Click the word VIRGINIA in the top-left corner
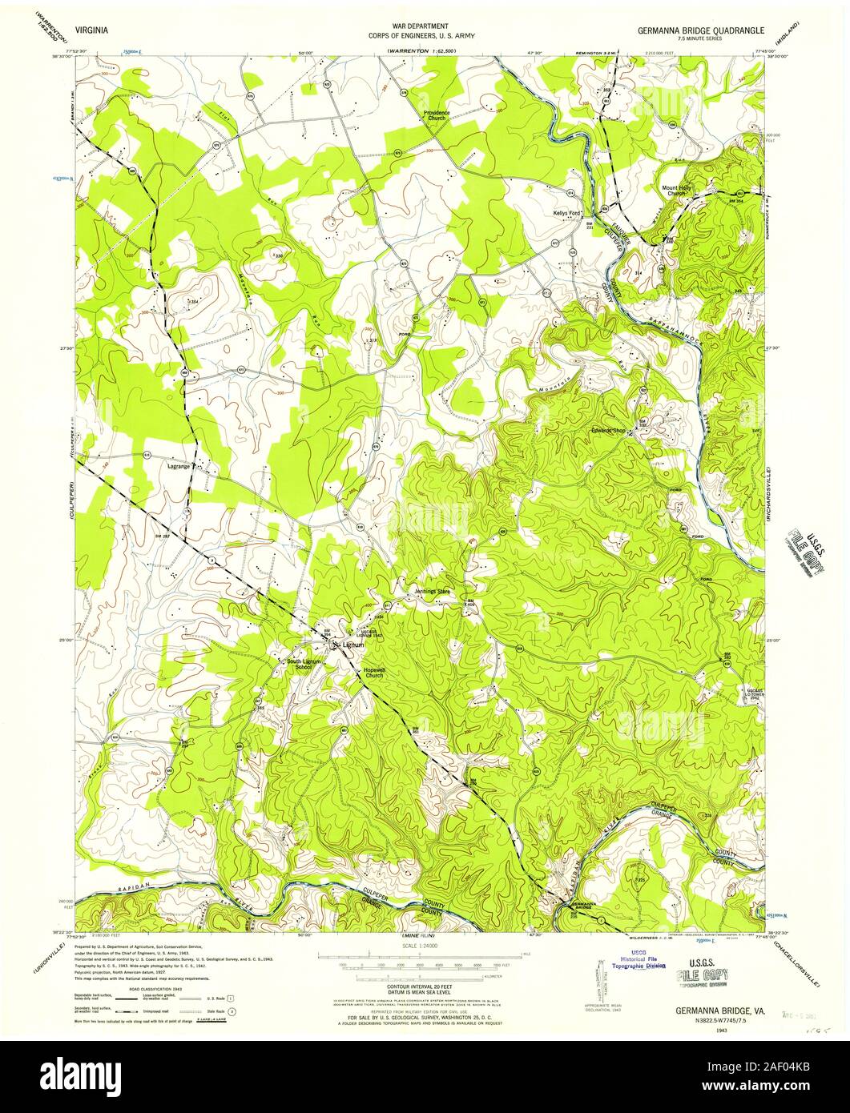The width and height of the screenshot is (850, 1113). (x=94, y=28)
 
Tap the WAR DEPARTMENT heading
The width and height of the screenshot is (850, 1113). (x=425, y=26)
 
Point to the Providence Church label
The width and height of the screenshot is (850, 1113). (x=437, y=115)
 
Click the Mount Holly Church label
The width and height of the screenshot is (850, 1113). (x=675, y=191)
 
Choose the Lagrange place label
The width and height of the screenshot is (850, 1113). (x=179, y=465)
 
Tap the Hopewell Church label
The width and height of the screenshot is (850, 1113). (x=374, y=672)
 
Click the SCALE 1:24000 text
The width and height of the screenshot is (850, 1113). (x=424, y=946)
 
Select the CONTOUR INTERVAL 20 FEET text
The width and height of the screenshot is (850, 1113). (x=425, y=990)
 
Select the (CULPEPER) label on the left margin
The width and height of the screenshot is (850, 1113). (x=72, y=505)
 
